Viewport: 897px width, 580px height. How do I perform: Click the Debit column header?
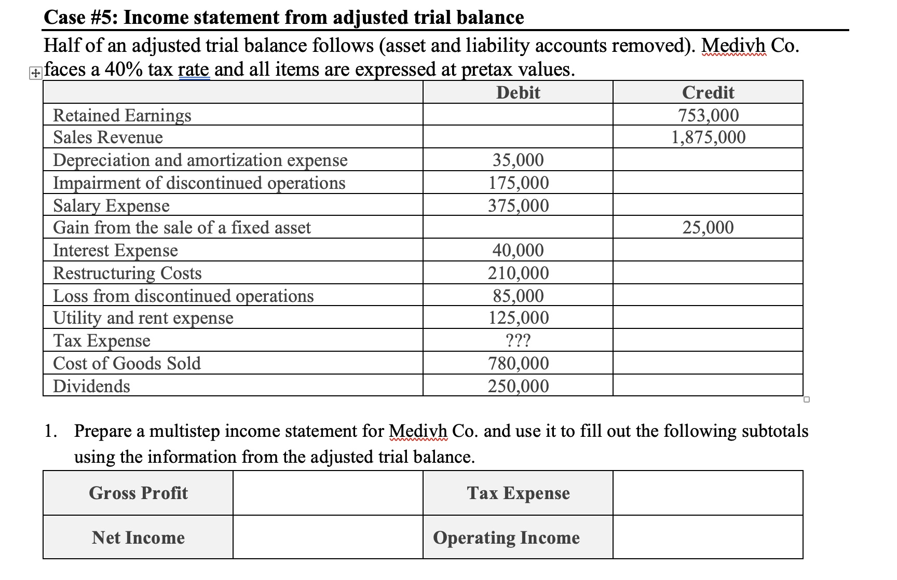point(518,92)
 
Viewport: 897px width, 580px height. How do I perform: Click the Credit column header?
point(708,92)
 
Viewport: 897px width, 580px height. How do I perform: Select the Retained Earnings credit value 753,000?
point(708,115)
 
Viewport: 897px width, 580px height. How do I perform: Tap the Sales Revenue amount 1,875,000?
point(708,137)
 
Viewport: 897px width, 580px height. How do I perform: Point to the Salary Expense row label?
point(112,205)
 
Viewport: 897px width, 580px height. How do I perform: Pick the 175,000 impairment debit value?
point(518,183)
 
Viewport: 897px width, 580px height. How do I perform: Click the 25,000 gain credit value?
point(708,227)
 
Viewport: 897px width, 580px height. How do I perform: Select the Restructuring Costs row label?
point(128,273)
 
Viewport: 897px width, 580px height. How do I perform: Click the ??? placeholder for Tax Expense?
point(518,340)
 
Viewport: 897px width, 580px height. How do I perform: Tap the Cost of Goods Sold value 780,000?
point(518,363)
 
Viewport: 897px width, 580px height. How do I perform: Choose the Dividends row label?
point(92,386)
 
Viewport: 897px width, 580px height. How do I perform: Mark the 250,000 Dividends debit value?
point(518,386)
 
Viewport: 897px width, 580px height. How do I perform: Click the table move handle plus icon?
point(34,74)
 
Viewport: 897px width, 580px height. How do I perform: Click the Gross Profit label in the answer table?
point(138,493)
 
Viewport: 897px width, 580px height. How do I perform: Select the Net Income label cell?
point(138,537)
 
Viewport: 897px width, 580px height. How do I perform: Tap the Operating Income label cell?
point(506,537)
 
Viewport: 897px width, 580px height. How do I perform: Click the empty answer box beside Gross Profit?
point(328,493)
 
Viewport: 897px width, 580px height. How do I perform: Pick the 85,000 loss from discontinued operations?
point(518,296)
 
